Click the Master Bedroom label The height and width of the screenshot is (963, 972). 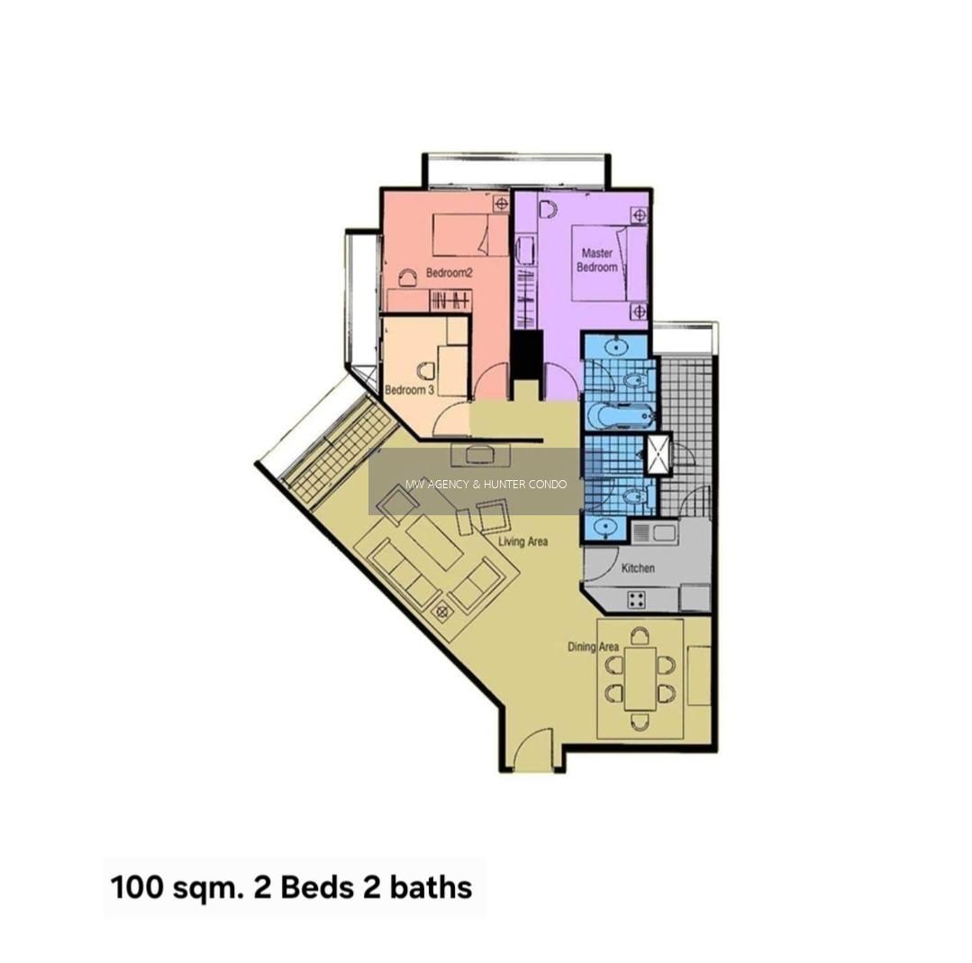[596, 260]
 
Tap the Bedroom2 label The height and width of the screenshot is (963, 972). [450, 273]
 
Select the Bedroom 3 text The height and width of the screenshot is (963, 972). [409, 390]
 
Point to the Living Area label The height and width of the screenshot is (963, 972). [523, 541]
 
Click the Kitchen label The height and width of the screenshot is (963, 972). [638, 568]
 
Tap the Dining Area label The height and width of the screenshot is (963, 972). [594, 647]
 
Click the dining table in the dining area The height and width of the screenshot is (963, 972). [640, 678]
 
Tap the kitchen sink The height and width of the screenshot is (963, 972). [655, 531]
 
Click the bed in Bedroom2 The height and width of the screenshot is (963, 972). [470, 235]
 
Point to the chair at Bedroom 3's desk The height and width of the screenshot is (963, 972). [426, 371]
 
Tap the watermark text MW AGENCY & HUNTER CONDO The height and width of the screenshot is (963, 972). [486, 484]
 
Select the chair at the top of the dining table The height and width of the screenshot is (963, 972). [640, 636]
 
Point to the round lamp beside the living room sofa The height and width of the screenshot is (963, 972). [442, 612]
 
